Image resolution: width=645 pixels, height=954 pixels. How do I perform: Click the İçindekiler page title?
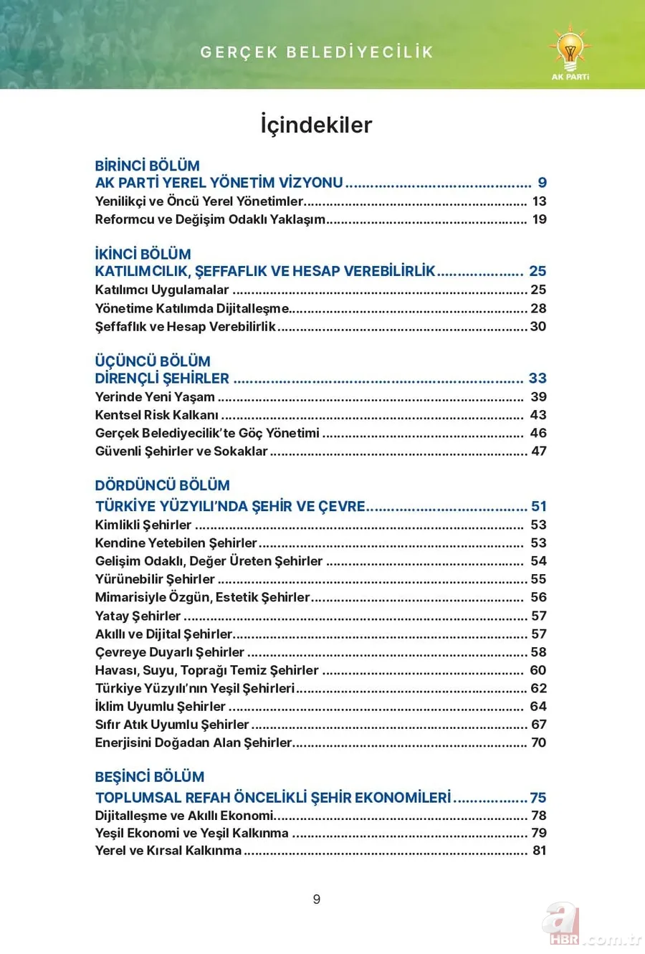coord(316,125)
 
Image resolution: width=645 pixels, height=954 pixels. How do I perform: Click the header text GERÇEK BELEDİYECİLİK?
coord(317,52)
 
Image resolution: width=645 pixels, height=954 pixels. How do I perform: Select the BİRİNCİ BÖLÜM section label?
coord(147,166)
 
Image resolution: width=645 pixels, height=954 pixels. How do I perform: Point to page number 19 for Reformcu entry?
coord(539,219)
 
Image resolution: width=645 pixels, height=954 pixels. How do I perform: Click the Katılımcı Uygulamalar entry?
coord(162,290)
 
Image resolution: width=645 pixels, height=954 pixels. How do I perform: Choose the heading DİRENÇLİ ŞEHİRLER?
coord(162,378)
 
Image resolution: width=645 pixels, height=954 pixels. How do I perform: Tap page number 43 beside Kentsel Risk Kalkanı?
coord(538,415)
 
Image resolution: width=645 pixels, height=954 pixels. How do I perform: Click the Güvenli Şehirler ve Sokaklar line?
coord(181,452)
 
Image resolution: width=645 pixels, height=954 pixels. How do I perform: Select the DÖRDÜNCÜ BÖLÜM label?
coord(162,485)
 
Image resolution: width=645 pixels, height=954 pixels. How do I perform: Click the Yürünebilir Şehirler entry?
coord(155,579)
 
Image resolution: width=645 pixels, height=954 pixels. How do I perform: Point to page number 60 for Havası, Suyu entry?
coord(538,670)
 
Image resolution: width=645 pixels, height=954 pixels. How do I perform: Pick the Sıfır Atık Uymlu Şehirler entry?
coord(172,725)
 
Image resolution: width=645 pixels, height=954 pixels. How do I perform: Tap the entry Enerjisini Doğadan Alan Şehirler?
coord(193,743)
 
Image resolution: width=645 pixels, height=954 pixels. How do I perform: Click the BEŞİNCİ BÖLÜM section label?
coord(149,777)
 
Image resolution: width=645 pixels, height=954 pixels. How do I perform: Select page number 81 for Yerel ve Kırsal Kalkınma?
coord(539,851)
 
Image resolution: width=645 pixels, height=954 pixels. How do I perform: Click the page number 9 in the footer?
coord(317,900)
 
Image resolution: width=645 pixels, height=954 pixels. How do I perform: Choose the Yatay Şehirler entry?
coord(138,616)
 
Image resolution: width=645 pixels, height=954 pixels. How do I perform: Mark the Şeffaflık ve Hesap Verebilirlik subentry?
coord(185,327)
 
